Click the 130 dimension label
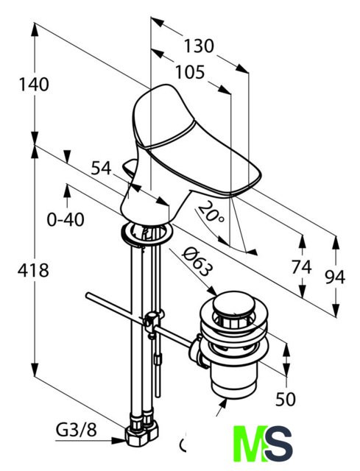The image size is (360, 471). [x=199, y=46]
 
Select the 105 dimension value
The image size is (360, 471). [x=190, y=72]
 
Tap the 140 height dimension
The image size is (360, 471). [x=34, y=85]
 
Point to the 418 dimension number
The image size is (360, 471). [x=33, y=270]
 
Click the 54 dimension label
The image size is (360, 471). [x=102, y=169]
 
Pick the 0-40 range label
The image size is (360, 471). [x=66, y=220]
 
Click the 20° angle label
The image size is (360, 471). [x=211, y=213]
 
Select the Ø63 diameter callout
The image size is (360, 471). [x=197, y=261]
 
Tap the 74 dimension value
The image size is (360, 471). [x=302, y=267]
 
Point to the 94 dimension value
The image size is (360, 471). [x=335, y=277]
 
